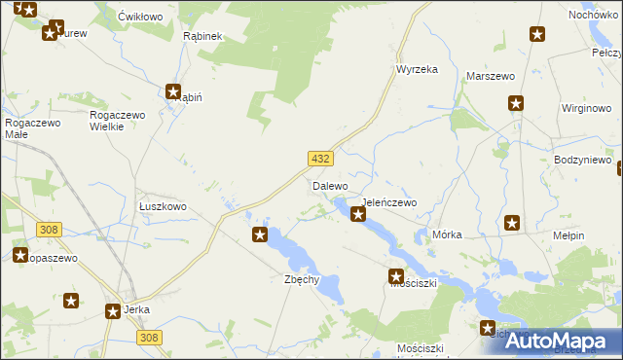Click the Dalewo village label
[x=330, y=185]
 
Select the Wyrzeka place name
[x=417, y=69]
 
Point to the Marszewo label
[x=491, y=75]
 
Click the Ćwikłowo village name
[x=139, y=17]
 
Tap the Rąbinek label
[x=203, y=35]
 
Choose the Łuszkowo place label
[x=162, y=206]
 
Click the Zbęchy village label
[x=301, y=279]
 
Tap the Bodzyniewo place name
[x=581, y=159]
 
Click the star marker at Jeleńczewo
[x=358, y=214]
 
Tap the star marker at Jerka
[x=113, y=311]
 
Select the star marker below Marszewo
[x=516, y=103]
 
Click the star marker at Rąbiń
[x=173, y=92]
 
